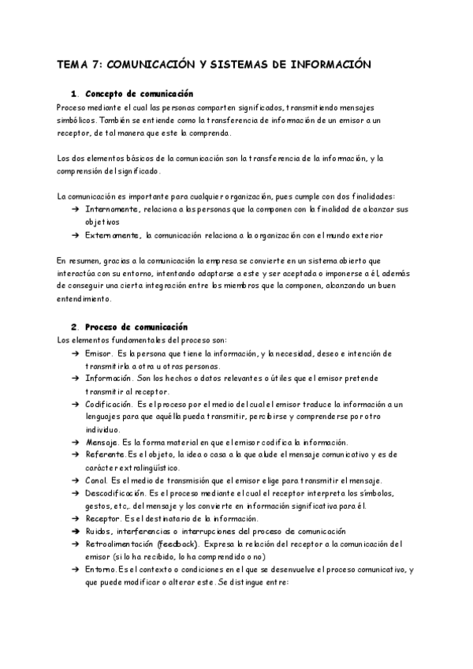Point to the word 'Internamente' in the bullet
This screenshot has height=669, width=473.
tap(110, 210)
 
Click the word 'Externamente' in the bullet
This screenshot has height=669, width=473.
tap(111, 235)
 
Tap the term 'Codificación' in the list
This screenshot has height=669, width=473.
tap(110, 404)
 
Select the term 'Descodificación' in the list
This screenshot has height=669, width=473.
tap(115, 493)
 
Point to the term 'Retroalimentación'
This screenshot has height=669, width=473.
tap(119, 544)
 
